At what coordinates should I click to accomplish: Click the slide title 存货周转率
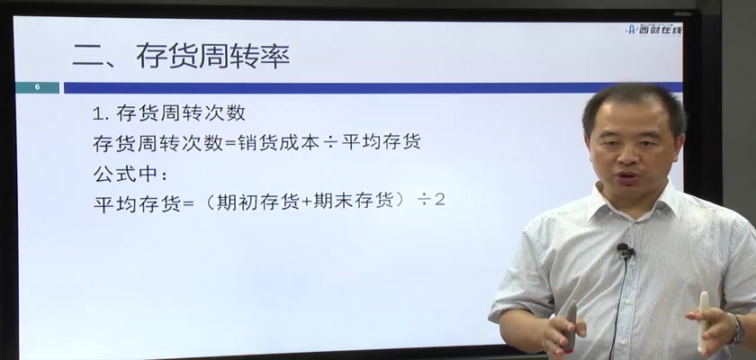point(213,56)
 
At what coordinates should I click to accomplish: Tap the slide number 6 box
point(37,87)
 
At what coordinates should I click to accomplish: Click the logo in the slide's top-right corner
point(653,30)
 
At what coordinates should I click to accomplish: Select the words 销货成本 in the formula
point(279,142)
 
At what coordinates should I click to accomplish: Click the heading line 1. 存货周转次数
point(169,113)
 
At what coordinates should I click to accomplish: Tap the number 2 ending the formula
point(440,200)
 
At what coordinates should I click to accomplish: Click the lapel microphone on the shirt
point(625,250)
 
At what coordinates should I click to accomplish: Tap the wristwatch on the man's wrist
point(737,329)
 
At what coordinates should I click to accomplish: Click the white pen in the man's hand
point(704,322)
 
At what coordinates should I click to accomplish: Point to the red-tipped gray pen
point(570,325)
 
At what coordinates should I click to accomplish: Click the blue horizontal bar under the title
point(373,87)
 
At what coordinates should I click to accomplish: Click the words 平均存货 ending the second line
point(382,142)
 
